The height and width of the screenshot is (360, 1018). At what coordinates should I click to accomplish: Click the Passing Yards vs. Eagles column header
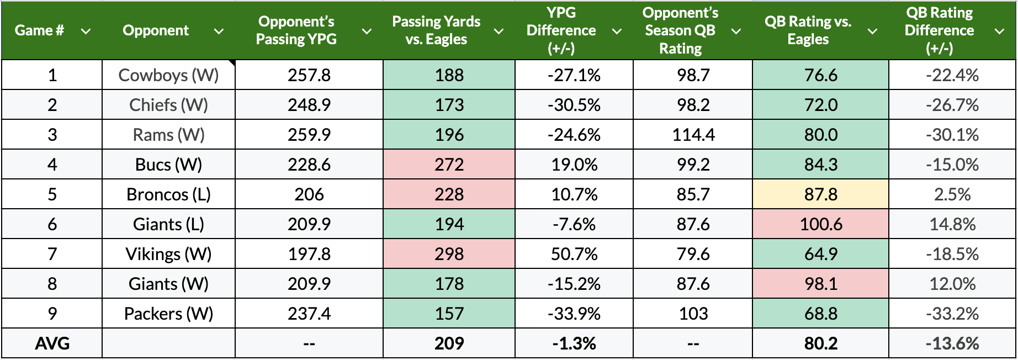pyautogui.click(x=436, y=30)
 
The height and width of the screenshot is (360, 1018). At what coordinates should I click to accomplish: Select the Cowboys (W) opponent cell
pyautogui.click(x=168, y=75)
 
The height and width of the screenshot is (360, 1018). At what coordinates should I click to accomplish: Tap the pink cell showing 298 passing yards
pyautogui.click(x=449, y=254)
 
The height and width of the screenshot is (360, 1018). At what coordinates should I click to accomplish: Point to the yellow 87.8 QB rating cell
pyautogui.click(x=820, y=194)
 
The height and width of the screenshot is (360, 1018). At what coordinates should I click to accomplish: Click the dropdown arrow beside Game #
pyautogui.click(x=86, y=31)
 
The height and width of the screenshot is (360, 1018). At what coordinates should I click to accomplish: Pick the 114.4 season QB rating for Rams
pyautogui.click(x=693, y=135)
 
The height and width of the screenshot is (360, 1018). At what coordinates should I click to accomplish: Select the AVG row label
pyautogui.click(x=52, y=343)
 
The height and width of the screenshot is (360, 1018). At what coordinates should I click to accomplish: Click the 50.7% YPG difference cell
pyautogui.click(x=574, y=254)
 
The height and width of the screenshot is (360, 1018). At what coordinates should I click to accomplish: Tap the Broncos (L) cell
pyautogui.click(x=168, y=194)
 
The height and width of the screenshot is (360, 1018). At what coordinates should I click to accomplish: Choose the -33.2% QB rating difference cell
pyautogui.click(x=952, y=314)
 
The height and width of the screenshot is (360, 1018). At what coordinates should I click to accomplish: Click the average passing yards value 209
pyautogui.click(x=449, y=343)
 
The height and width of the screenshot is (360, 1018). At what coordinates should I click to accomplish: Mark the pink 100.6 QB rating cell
pyautogui.click(x=820, y=224)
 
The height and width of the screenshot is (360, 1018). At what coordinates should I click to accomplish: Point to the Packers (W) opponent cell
pyautogui.click(x=168, y=314)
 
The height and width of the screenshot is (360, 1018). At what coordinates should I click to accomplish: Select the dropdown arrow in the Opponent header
pyautogui.click(x=219, y=31)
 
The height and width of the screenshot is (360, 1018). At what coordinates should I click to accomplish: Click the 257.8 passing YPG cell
pyautogui.click(x=309, y=75)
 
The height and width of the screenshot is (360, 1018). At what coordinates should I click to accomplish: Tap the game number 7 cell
pyautogui.click(x=52, y=254)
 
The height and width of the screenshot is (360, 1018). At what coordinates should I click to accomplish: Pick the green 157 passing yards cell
pyautogui.click(x=449, y=314)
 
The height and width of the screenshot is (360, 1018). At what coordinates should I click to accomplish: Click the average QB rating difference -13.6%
pyautogui.click(x=952, y=343)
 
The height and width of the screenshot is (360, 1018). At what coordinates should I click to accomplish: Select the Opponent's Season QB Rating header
pyautogui.click(x=680, y=30)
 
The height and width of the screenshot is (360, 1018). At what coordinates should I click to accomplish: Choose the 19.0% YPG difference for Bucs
pyautogui.click(x=574, y=165)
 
